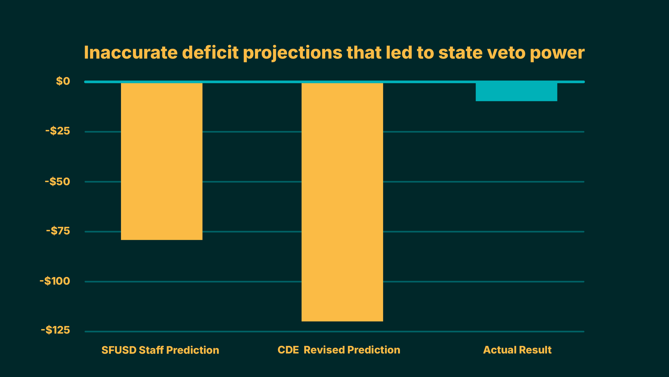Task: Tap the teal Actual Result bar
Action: point(516,92)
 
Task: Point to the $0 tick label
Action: point(63,81)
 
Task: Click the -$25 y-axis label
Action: point(58,131)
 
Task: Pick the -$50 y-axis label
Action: point(57,181)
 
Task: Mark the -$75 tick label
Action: point(58,231)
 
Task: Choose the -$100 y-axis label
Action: point(55,281)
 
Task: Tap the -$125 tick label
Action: point(55,330)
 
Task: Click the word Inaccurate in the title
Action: point(131,53)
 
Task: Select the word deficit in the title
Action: point(210,53)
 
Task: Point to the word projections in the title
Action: point(292,53)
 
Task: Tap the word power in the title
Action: point(557,53)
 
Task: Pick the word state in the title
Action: point(460,53)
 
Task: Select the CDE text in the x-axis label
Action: point(288,350)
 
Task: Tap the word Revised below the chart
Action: point(324,350)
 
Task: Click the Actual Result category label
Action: point(517,350)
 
